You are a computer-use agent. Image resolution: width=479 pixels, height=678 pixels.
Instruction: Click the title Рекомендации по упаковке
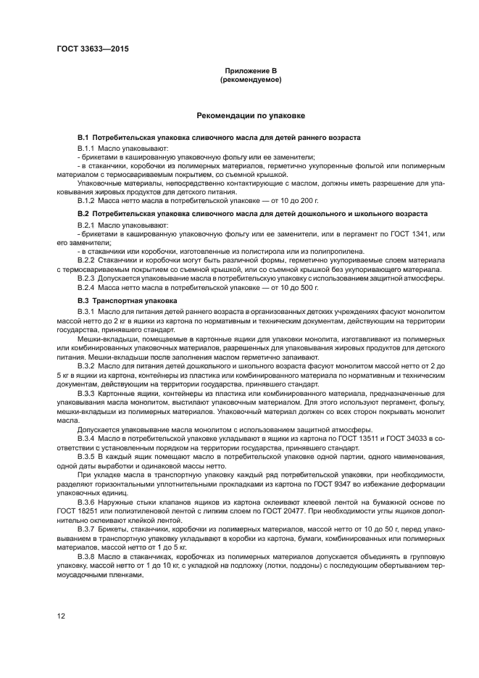coord(251,115)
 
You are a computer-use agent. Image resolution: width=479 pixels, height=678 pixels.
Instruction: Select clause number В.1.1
coord(88,147)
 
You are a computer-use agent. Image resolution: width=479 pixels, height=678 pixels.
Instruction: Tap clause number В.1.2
coord(88,200)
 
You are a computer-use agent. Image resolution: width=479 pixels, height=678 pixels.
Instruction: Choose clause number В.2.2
coord(88,259)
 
